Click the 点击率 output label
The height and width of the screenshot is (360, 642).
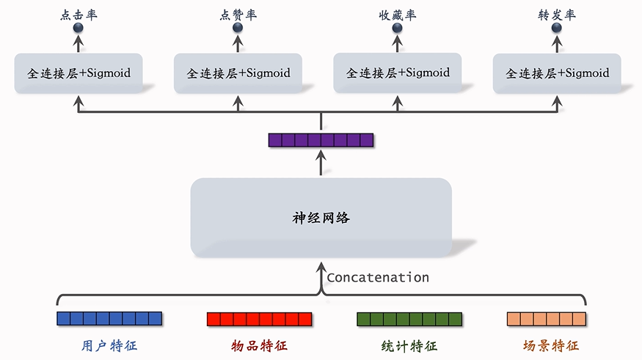(x=79, y=15)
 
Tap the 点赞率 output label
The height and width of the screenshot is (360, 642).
(x=238, y=15)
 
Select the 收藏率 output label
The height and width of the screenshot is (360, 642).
(x=397, y=15)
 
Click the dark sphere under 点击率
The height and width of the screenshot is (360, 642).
(x=79, y=29)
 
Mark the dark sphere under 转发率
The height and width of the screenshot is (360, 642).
(x=557, y=29)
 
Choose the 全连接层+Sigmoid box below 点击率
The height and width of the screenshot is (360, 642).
(x=79, y=73)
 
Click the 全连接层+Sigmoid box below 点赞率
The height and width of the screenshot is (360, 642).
(x=238, y=73)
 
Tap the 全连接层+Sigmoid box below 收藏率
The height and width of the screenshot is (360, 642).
(x=397, y=73)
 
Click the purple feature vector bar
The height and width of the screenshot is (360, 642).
(x=321, y=140)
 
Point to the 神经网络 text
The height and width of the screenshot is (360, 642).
(x=321, y=218)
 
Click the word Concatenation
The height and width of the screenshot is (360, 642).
(x=377, y=277)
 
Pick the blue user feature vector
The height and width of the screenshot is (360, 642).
(x=109, y=319)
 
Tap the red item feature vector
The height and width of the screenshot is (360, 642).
(x=259, y=319)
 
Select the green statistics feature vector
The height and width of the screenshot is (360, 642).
(x=409, y=319)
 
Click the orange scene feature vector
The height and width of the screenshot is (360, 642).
(x=547, y=319)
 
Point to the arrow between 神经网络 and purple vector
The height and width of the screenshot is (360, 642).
(x=321, y=164)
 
